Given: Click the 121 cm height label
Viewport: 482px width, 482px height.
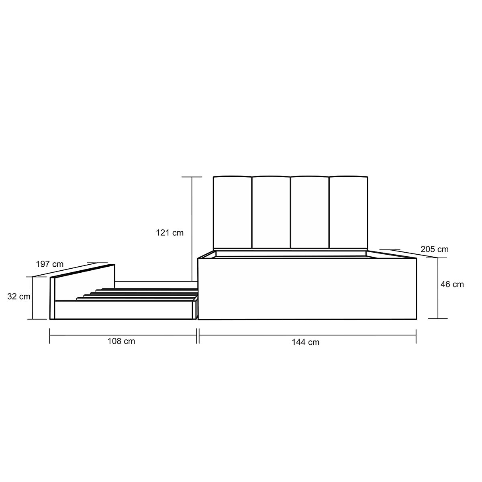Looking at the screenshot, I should click(170, 233).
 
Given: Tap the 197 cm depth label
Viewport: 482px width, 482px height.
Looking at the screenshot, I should click(49, 264).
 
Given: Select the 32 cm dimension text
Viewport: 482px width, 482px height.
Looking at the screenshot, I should click(18, 296).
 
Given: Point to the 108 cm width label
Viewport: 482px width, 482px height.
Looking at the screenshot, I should click(121, 341).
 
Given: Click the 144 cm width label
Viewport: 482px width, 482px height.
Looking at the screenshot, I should click(306, 342).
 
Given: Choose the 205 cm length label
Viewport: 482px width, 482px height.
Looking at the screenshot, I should click(435, 249).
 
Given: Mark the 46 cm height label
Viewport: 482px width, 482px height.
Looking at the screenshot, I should click(452, 284).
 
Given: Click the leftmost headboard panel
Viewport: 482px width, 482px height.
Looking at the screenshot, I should click(233, 212).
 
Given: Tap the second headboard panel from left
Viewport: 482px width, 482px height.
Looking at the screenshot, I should click(271, 212).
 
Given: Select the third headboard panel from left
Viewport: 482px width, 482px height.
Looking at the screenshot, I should click(310, 212).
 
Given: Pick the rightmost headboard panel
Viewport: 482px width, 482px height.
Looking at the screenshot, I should click(348, 212).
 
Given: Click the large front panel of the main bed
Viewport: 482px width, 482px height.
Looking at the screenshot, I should click(307, 289).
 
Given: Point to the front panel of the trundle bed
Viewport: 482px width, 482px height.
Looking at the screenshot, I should click(123, 310).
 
